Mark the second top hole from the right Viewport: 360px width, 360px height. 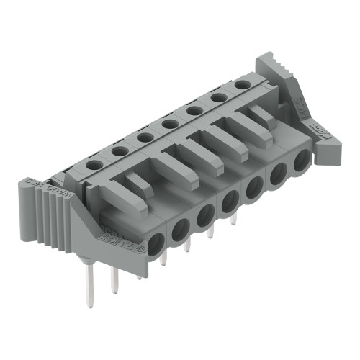click(x=217, y=96)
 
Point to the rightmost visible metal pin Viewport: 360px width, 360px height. click(x=233, y=218)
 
